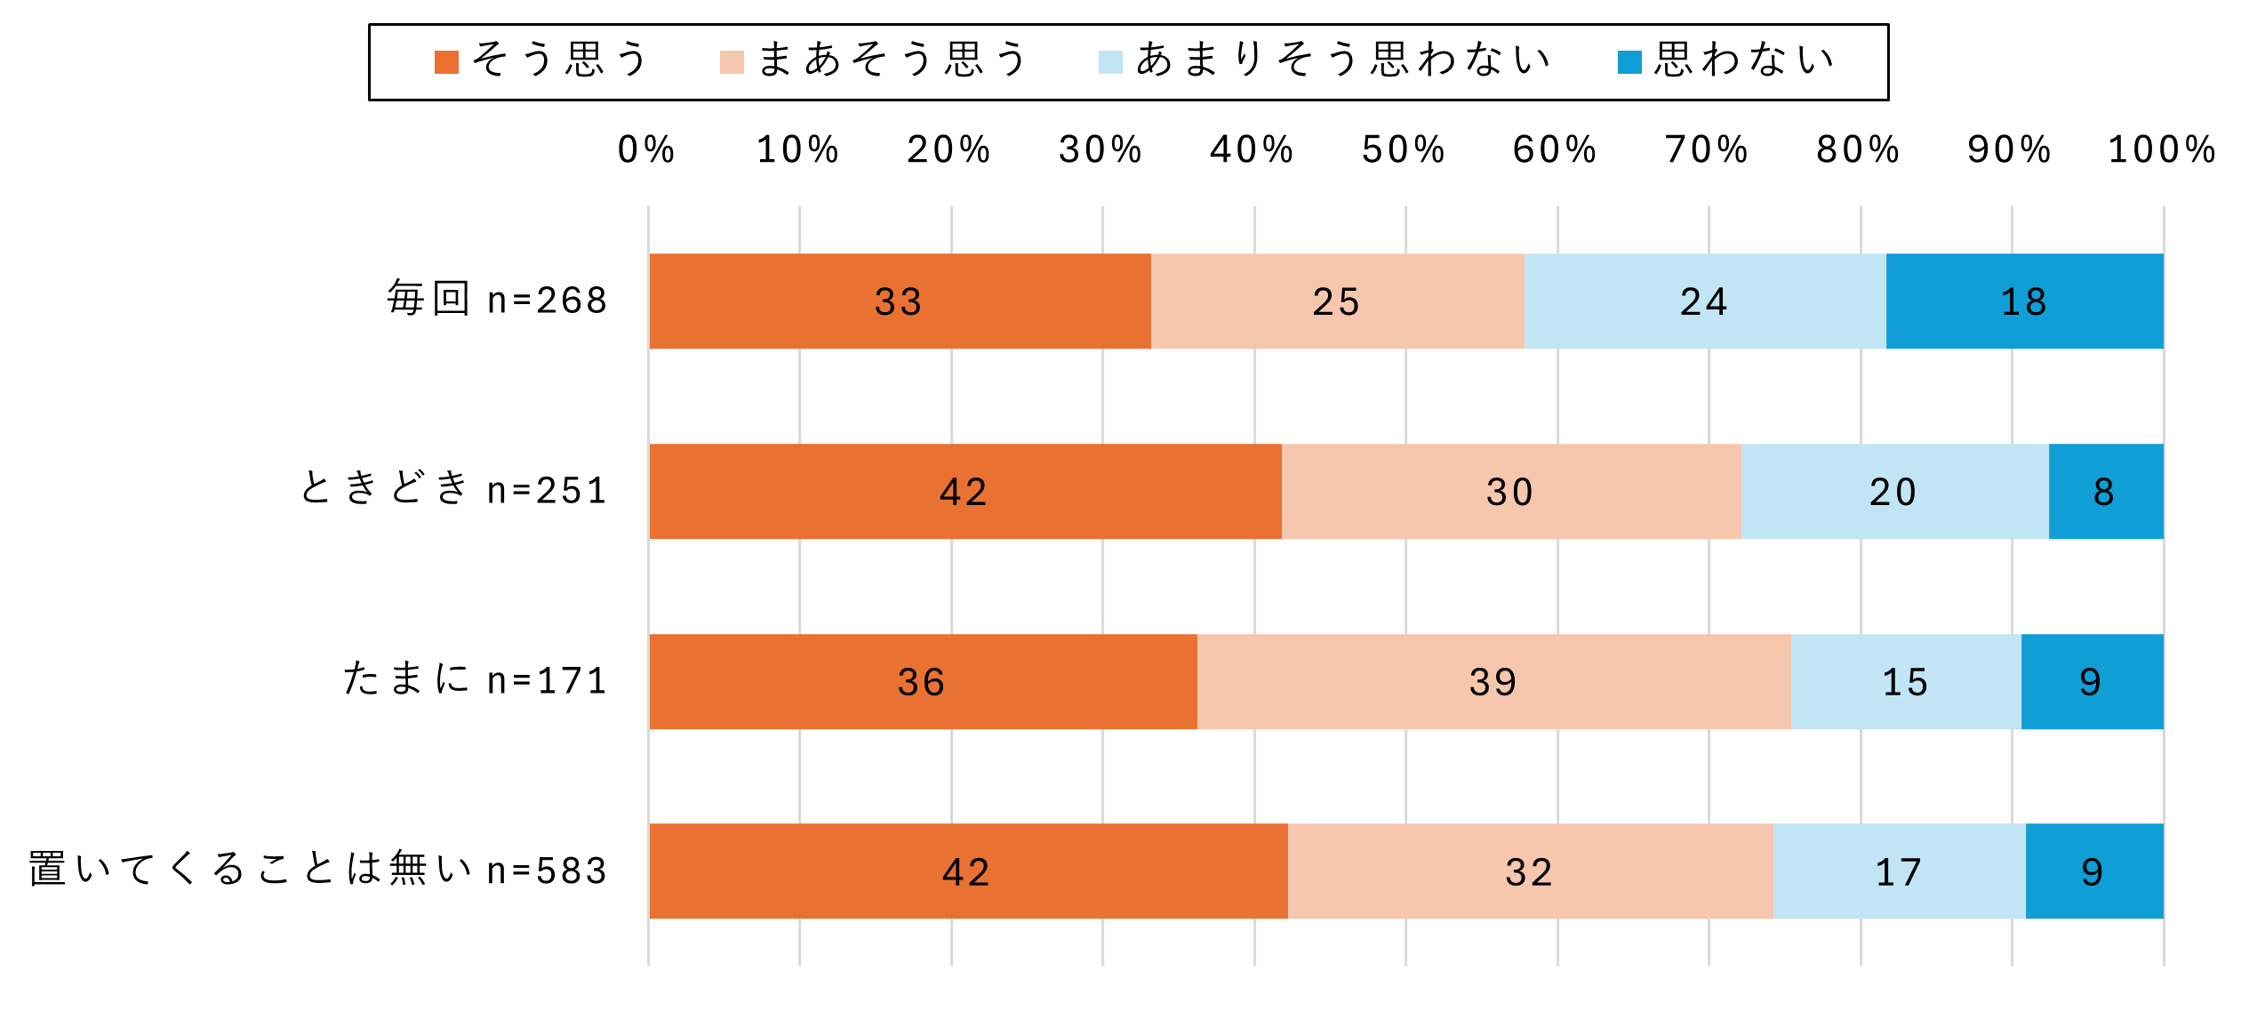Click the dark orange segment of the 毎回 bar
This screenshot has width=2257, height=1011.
(x=900, y=301)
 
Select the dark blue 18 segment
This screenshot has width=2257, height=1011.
(x=2024, y=301)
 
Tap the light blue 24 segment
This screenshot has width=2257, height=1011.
(x=1704, y=301)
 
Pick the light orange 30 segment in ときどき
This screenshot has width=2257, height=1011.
(x=1510, y=492)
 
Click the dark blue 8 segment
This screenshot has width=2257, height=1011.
(x=2105, y=492)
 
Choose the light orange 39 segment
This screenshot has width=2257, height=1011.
(x=1493, y=682)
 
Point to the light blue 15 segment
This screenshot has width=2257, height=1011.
(x=1905, y=682)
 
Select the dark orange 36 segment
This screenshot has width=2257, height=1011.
(x=923, y=682)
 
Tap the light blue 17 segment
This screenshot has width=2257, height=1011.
(x=1899, y=871)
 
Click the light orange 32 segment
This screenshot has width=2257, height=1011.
(x=1530, y=871)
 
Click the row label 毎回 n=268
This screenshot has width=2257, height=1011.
(x=497, y=300)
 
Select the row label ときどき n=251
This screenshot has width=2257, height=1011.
(x=453, y=490)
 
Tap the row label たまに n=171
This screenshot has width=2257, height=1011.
(x=476, y=680)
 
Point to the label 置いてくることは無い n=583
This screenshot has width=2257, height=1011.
(x=317, y=870)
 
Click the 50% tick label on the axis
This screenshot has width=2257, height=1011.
(x=1404, y=149)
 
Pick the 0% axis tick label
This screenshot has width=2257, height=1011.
(x=646, y=149)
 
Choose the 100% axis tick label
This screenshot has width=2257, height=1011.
(x=2162, y=149)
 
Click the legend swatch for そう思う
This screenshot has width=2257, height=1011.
(x=446, y=62)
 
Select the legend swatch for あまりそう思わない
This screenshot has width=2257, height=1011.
(x=1110, y=62)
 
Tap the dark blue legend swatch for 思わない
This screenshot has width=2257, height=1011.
(x=1629, y=62)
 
